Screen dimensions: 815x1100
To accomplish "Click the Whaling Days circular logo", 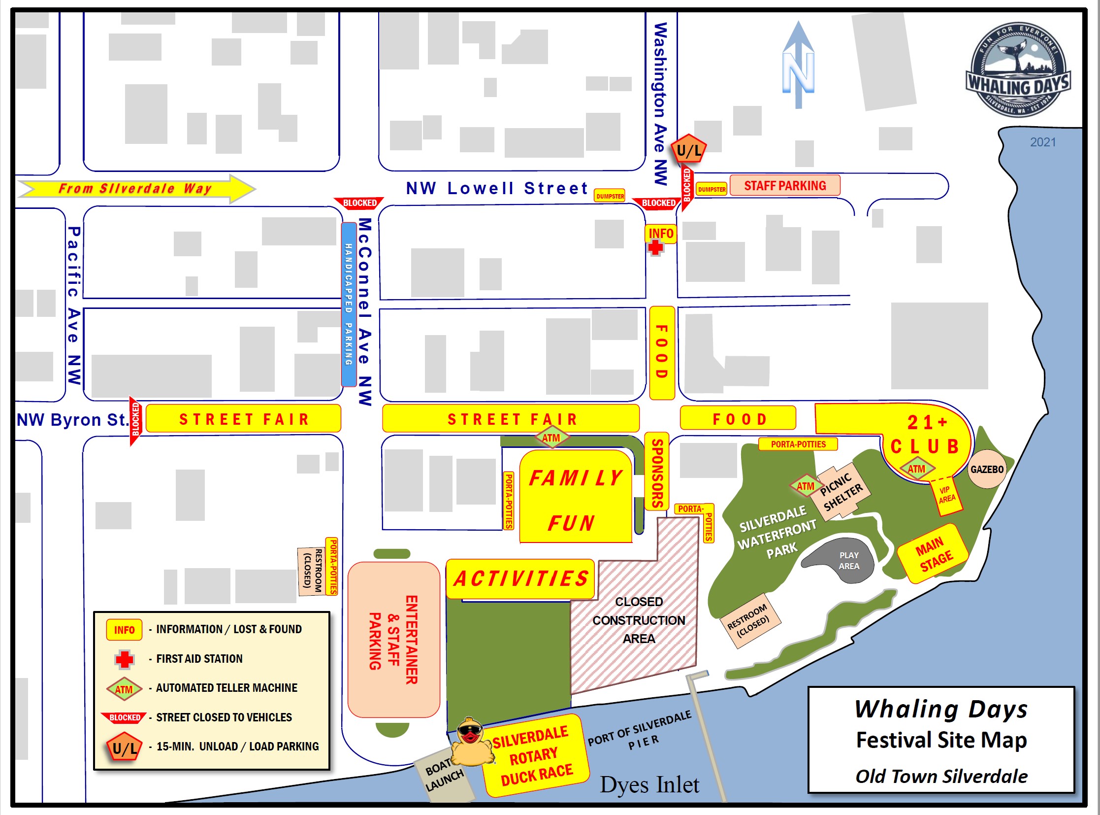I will point(1018,70).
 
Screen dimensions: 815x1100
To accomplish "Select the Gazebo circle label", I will point(987,469).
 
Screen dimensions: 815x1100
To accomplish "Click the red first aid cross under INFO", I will point(655,248).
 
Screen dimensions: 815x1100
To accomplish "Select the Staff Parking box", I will point(784,185).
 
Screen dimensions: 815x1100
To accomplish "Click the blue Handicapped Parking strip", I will point(349,305).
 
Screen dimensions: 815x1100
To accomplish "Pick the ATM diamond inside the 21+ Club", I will point(916,469).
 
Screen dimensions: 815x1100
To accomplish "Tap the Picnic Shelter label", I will point(841,491).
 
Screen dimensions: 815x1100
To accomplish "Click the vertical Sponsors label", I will point(657,473).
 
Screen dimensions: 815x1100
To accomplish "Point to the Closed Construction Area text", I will point(639,620).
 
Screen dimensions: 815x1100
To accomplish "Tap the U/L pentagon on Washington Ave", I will point(689,149).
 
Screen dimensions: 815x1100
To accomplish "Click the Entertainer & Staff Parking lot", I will point(393,640).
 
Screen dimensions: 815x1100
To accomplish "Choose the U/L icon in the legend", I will point(124,748).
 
